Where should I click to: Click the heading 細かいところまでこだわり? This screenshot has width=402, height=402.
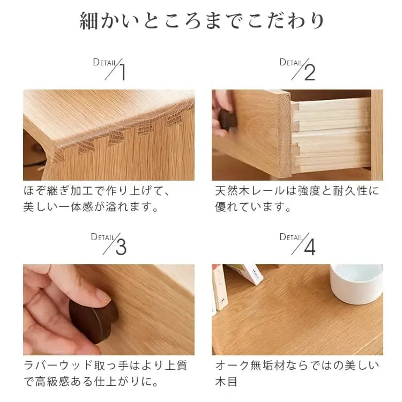click(x=202, y=21)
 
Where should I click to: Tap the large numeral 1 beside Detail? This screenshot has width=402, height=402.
click(x=122, y=72)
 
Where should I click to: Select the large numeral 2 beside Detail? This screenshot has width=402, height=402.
click(x=310, y=72)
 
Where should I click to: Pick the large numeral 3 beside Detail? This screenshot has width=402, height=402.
click(x=121, y=247)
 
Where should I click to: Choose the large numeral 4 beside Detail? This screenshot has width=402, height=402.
click(x=310, y=247)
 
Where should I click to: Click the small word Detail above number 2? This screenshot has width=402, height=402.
click(x=291, y=62)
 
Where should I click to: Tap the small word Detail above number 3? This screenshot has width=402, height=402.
click(x=102, y=236)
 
